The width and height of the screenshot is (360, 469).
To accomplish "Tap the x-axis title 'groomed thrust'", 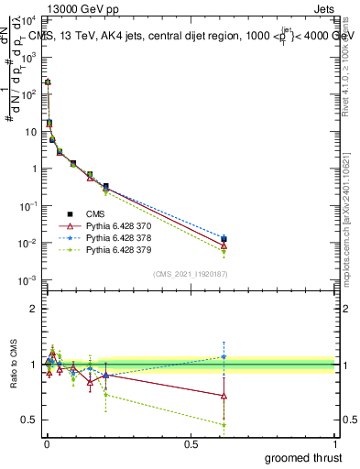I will click(x=303, y=458).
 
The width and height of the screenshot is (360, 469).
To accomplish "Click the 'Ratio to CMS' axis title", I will click(x=12, y=365).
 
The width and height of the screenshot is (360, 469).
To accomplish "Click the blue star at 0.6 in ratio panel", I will click(x=224, y=357).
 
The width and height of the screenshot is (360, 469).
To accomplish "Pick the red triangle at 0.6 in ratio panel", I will click(x=224, y=396).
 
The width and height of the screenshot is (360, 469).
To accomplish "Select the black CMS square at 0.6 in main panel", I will click(x=224, y=239).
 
